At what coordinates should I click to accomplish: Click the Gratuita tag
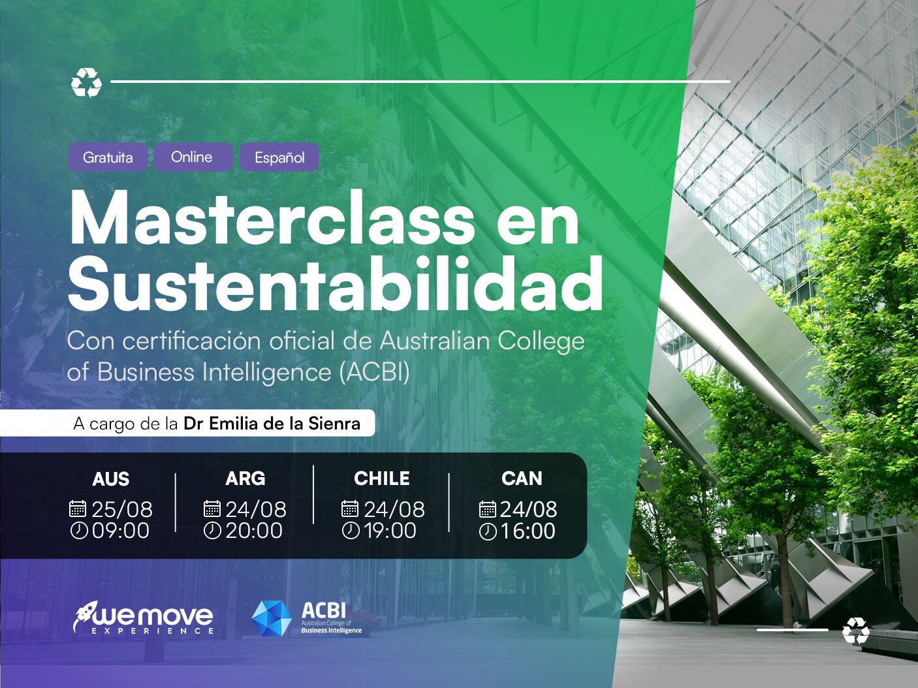click(108, 157)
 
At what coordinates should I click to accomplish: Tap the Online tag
click(192, 157)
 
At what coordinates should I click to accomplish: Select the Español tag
click(279, 158)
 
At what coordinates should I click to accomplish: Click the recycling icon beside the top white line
click(87, 83)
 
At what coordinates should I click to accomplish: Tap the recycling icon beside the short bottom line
click(855, 631)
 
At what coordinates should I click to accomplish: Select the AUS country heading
click(111, 479)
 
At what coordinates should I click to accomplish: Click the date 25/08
click(121, 509)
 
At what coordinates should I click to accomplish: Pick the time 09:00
click(121, 531)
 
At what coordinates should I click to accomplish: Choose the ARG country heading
click(245, 478)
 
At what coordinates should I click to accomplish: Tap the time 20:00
click(254, 531)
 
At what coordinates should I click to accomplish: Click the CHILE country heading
click(382, 478)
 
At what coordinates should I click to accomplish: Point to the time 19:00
click(390, 531)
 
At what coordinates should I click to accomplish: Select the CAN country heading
click(522, 478)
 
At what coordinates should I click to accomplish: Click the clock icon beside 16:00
click(488, 532)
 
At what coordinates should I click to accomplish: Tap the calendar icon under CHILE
click(350, 508)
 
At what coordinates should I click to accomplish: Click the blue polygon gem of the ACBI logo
click(272, 618)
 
